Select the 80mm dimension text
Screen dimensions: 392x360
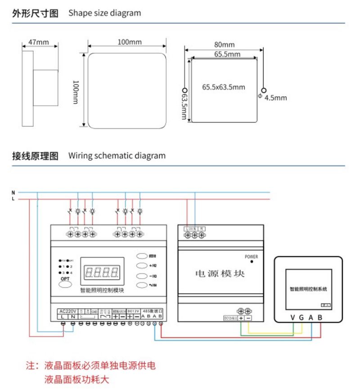tap(224, 45)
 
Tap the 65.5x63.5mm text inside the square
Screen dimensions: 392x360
tap(224, 87)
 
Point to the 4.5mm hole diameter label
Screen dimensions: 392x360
tap(275, 98)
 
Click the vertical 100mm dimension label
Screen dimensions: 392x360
tap(76, 93)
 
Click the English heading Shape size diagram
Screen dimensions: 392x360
tap(104, 13)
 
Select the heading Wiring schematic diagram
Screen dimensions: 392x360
tap(117, 156)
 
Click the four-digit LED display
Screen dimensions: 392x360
tap(102, 272)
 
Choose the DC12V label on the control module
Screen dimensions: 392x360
tap(133, 311)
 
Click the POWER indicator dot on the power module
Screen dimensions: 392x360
tap(252, 262)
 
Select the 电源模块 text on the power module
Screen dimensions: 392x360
tap(220, 273)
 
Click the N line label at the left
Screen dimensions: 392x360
tap(13, 192)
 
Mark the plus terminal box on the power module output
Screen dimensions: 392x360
tap(241, 318)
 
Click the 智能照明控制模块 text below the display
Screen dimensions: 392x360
tap(102, 290)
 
